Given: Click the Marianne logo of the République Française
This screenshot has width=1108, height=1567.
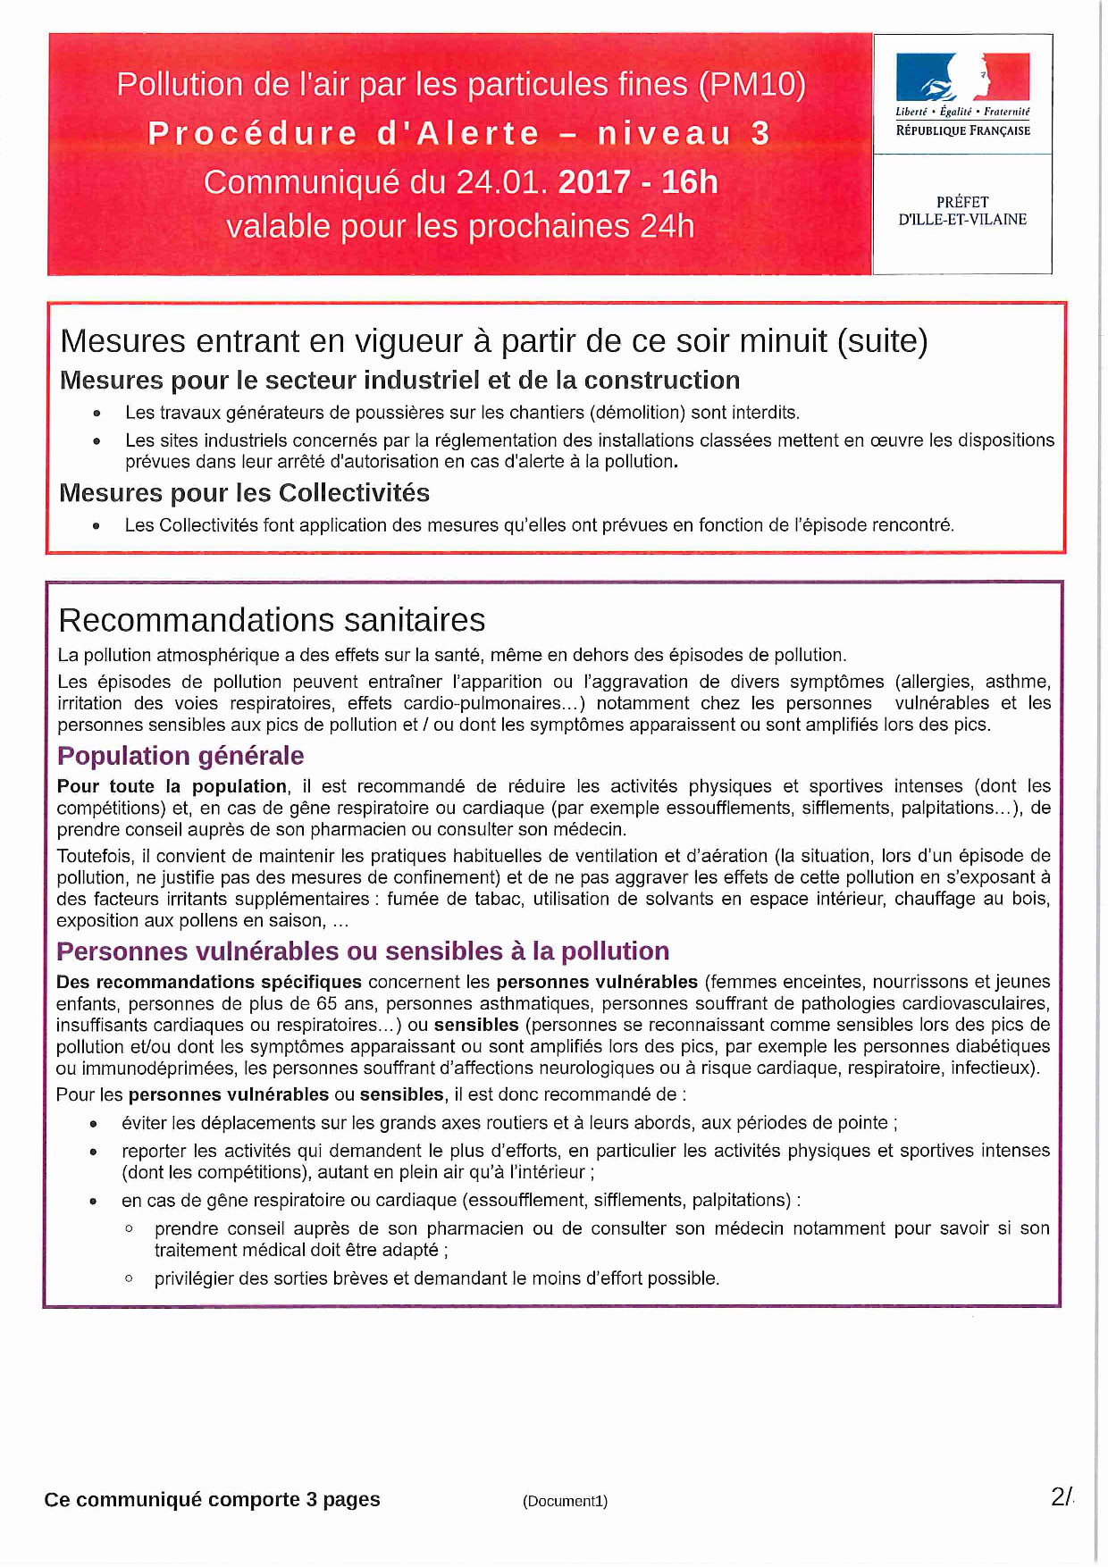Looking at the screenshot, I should pyautogui.click(x=962, y=77).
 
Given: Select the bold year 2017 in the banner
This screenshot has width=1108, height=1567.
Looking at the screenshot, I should pyautogui.click(x=594, y=182).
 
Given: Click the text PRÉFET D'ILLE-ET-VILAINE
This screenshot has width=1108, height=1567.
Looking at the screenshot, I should pyautogui.click(x=962, y=211).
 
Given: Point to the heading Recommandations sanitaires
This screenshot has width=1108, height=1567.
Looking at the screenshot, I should pyautogui.click(x=272, y=620).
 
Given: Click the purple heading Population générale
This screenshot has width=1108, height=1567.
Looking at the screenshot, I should pyautogui.click(x=180, y=756).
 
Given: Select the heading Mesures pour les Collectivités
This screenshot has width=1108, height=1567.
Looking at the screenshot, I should pyautogui.click(x=244, y=493).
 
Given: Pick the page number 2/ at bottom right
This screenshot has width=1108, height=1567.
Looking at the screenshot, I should pyautogui.click(x=1062, y=1497).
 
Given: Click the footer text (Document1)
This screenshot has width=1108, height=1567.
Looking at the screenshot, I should pyautogui.click(x=565, y=1501).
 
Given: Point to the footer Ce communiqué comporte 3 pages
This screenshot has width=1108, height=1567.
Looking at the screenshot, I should pyautogui.click(x=212, y=1499).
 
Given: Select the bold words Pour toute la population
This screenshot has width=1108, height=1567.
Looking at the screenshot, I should pyautogui.click(x=172, y=786).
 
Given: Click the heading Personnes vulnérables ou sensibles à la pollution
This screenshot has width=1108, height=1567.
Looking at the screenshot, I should pyautogui.click(x=363, y=951).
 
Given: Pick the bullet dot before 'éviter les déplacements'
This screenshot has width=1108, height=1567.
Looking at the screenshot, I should pyautogui.click(x=93, y=1124).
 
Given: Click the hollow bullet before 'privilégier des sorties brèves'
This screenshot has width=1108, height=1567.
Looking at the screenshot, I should pyautogui.click(x=130, y=1278).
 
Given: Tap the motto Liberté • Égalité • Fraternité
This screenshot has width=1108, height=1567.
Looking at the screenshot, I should pyautogui.click(x=962, y=113).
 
